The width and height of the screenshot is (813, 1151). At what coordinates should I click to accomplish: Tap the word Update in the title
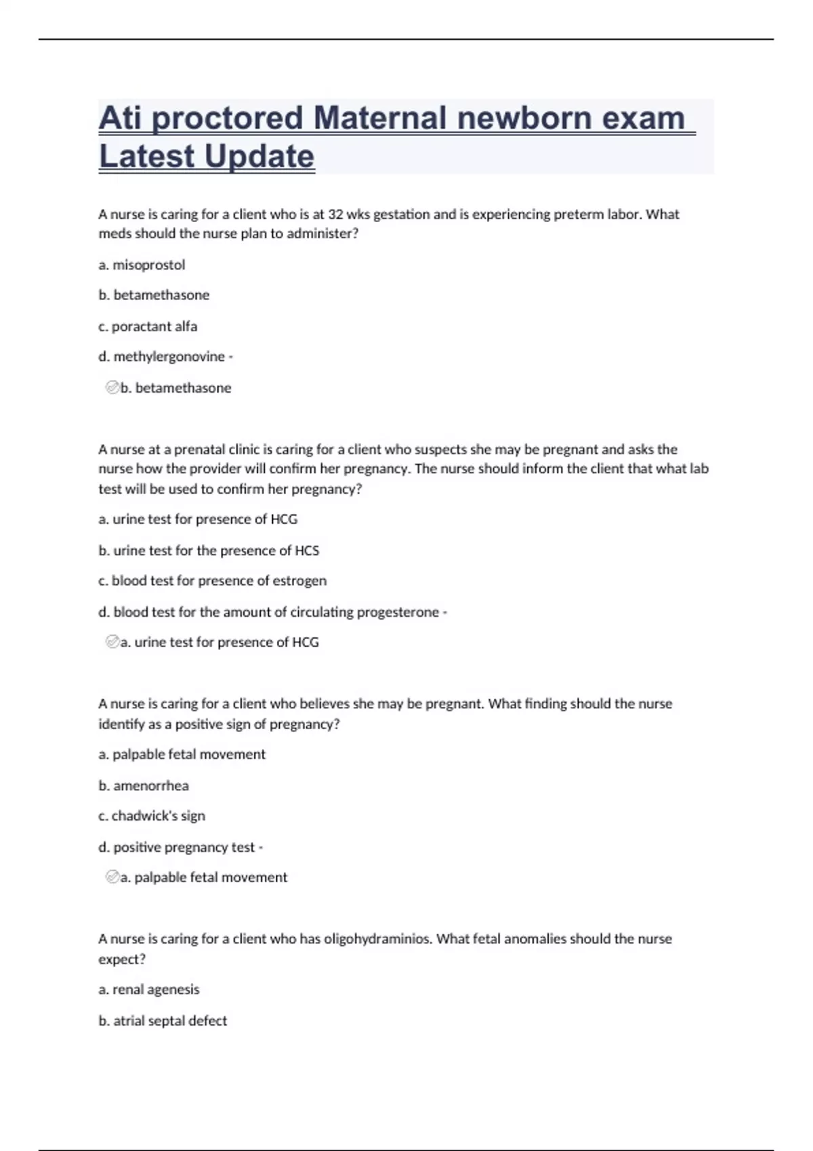[259, 156]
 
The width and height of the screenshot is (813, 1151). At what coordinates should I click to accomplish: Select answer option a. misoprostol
[142, 265]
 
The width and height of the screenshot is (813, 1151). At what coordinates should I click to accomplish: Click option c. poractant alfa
[148, 326]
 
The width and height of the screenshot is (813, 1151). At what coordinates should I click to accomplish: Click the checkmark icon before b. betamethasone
[112, 387]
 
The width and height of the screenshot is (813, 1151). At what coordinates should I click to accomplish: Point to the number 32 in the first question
[335, 215]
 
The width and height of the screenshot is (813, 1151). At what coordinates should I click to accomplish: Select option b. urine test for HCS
[209, 550]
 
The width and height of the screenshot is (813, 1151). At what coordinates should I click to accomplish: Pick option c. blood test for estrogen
[212, 581]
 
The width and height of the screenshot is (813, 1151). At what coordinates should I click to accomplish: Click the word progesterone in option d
[398, 612]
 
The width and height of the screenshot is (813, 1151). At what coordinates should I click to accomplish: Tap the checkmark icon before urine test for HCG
[112, 642]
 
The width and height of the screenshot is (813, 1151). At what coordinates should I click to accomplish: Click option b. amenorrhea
[144, 786]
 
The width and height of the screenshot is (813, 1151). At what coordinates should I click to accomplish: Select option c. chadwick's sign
[152, 816]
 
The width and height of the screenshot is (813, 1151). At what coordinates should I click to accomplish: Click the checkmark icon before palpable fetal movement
[112, 877]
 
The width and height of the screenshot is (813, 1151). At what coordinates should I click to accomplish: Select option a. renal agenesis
[149, 990]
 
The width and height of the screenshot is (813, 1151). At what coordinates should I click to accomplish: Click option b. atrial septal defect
[163, 1021]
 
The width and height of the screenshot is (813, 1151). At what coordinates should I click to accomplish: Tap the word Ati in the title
[120, 118]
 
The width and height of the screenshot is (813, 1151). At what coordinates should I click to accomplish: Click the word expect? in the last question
[122, 959]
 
